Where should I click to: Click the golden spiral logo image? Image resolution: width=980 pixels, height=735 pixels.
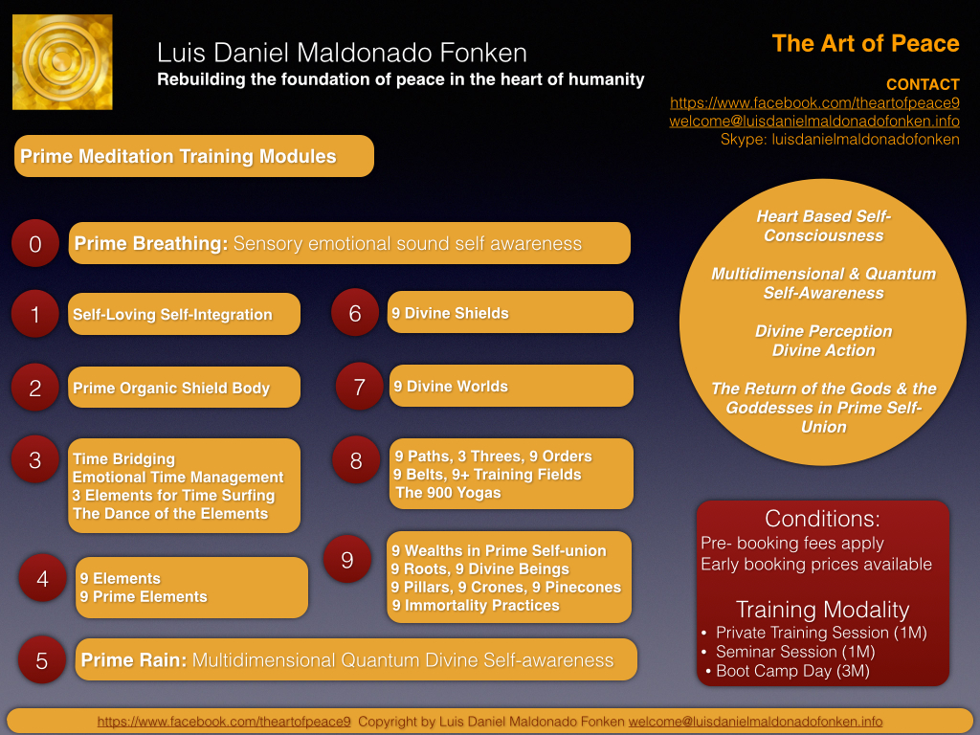pyautogui.click(x=62, y=62)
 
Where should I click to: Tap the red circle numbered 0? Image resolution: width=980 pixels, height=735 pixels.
pyautogui.click(x=35, y=243)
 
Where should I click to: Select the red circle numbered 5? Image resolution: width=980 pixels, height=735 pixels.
pyautogui.click(x=42, y=660)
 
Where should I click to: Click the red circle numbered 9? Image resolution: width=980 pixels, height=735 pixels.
pyautogui.click(x=347, y=559)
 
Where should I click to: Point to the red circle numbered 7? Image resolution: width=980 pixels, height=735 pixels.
pyautogui.click(x=360, y=387)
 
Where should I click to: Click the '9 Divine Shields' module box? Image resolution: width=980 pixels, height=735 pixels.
pyautogui.click(x=510, y=312)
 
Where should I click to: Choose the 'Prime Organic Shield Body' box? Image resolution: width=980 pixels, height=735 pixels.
pyautogui.click(x=184, y=387)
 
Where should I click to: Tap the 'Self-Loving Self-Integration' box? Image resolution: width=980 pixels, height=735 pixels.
pyautogui.click(x=184, y=314)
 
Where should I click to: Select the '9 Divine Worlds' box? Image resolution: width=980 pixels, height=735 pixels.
pyautogui.click(x=511, y=386)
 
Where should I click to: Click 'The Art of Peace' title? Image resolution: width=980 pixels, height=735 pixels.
pyautogui.click(x=865, y=43)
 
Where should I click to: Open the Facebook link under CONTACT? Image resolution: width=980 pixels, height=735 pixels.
pyautogui.click(x=814, y=102)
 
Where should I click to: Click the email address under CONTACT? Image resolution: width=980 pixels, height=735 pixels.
pyautogui.click(x=814, y=121)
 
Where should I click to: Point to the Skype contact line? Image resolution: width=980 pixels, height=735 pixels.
pyautogui.click(x=840, y=139)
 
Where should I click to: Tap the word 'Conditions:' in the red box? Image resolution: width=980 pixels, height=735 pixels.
pyautogui.click(x=822, y=519)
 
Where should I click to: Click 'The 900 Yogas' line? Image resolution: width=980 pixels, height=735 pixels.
pyautogui.click(x=448, y=493)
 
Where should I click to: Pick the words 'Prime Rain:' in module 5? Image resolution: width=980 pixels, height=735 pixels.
pyautogui.click(x=134, y=660)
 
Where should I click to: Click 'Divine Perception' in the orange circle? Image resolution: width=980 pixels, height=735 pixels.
pyautogui.click(x=823, y=331)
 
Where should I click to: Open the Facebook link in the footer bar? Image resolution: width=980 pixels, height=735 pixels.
pyautogui.click(x=224, y=722)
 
